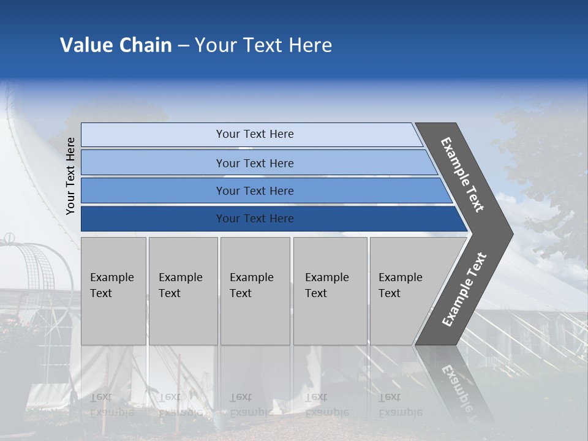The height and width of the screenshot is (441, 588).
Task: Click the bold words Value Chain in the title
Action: (x=116, y=45)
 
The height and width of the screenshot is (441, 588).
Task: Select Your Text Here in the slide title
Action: (x=263, y=45)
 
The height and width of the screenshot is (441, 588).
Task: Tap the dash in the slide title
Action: (x=183, y=46)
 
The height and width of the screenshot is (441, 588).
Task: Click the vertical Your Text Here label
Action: (x=70, y=176)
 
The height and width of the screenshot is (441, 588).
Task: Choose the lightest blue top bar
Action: (x=251, y=135)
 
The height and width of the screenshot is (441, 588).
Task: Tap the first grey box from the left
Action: (x=113, y=291)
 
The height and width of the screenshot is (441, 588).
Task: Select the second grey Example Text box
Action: (x=183, y=291)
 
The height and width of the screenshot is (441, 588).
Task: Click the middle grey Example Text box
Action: (x=255, y=291)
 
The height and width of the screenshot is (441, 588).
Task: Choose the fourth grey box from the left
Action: (x=330, y=291)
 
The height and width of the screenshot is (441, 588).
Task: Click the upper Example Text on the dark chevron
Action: (x=462, y=175)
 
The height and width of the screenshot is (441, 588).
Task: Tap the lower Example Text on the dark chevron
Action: (x=464, y=289)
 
